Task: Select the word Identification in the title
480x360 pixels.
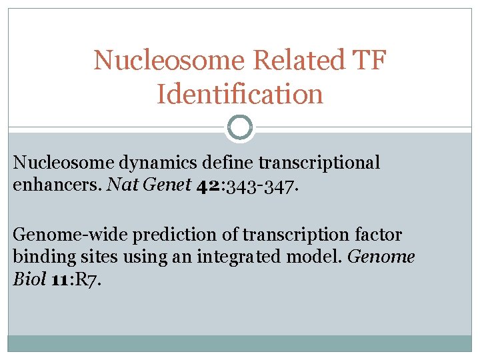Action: (240, 94)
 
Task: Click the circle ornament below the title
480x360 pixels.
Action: (240, 127)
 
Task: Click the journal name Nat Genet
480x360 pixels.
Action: (149, 184)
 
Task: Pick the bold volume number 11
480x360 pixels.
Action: (58, 278)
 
